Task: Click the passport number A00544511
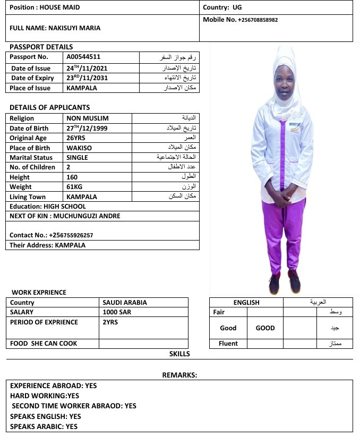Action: point(83,57)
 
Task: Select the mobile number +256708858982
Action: point(258,20)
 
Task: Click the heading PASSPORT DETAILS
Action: point(41,47)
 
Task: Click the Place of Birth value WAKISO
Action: point(79,148)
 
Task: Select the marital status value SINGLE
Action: point(77,158)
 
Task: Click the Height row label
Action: point(20,177)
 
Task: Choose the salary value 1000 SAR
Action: point(117,312)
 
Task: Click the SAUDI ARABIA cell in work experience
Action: point(124,303)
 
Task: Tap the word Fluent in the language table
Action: point(228,344)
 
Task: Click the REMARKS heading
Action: point(179,375)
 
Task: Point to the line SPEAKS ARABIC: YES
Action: point(44,426)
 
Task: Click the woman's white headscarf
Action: point(286,69)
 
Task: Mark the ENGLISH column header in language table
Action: point(246,303)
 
